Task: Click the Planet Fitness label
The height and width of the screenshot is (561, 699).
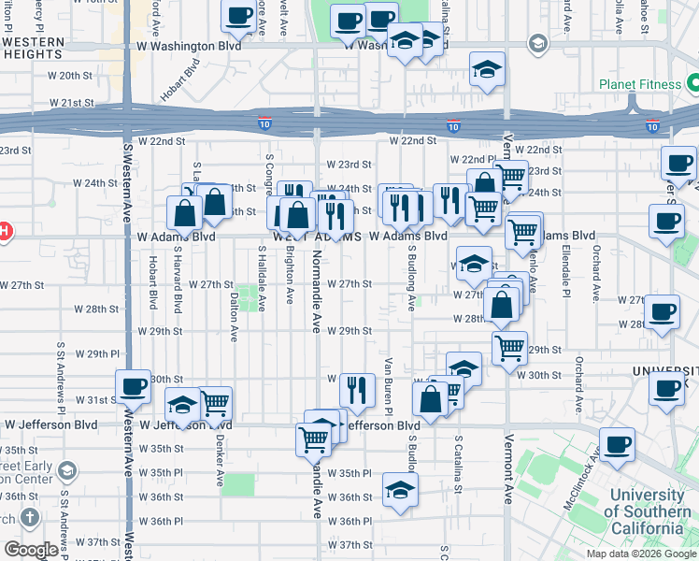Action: pos(640,85)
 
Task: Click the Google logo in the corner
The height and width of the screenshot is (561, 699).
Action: pos(31,550)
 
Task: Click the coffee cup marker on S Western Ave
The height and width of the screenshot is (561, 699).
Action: pos(133,386)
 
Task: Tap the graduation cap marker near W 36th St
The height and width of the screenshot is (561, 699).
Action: pos(400,490)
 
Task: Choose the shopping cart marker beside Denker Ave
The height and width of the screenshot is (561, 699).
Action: pos(215,403)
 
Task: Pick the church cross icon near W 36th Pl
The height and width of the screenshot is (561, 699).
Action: pos(30,517)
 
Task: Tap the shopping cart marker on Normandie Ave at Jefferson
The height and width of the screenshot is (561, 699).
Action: pos(314,439)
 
